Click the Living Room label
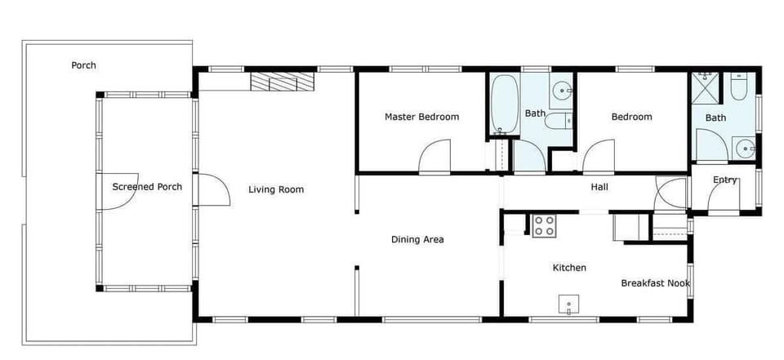coord(276,189)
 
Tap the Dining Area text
coord(417,239)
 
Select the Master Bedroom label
coord(421,117)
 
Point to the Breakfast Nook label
coord(655,283)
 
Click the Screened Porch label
coord(147,187)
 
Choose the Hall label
coord(599,187)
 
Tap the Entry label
coord(725,180)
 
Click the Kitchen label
coord(569,268)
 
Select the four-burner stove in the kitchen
coord(545,226)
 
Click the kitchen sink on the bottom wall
coord(569,305)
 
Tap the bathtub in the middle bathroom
coord(505,104)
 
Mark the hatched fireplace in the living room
coord(282,82)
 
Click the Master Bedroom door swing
coord(435,158)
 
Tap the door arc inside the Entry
coord(723,197)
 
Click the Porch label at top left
coord(83,65)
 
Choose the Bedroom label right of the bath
coord(632,117)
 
